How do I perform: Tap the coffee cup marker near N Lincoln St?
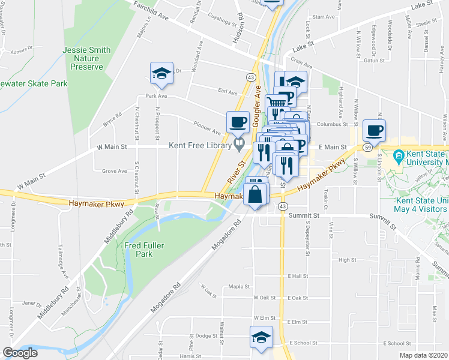(375, 130)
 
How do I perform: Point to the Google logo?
(20, 353)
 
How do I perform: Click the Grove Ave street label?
(114, 171)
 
